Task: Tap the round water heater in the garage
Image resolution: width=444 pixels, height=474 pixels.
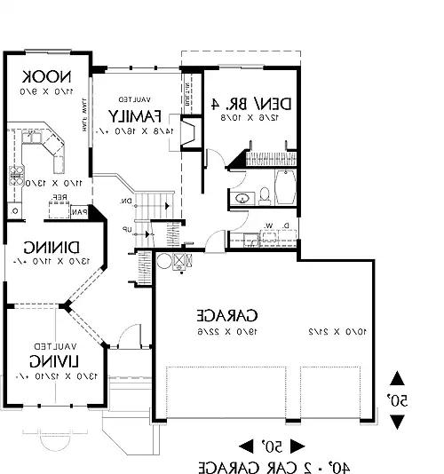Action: [x=165, y=261]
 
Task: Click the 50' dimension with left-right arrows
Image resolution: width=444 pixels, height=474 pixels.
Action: [x=272, y=443]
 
